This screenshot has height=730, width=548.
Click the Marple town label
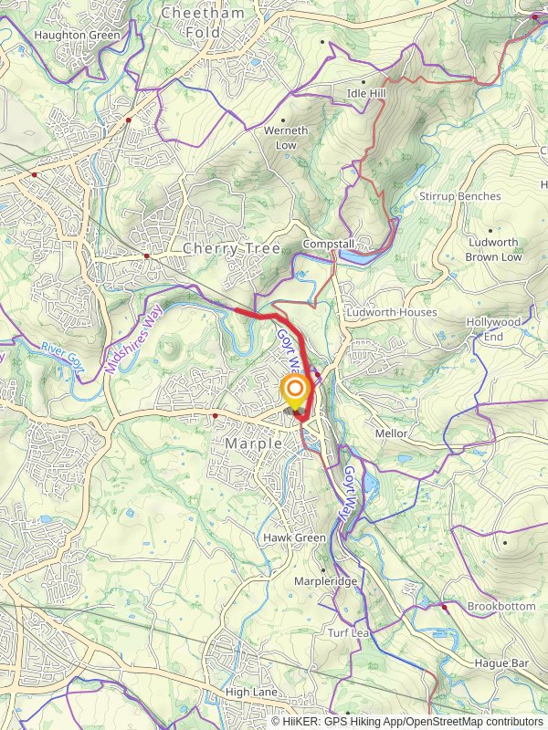[x=249, y=443]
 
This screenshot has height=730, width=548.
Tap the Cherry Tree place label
[x=231, y=248]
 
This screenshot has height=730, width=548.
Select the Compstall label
[x=329, y=245]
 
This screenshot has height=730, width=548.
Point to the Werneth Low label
[x=286, y=138]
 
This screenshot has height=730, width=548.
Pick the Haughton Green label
[x=77, y=35]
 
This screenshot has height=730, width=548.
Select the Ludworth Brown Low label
[x=493, y=250]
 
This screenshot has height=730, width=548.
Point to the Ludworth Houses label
[x=391, y=312]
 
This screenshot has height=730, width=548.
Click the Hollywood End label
[x=493, y=329]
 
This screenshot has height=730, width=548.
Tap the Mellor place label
[x=392, y=433]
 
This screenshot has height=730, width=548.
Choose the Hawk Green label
[x=294, y=538]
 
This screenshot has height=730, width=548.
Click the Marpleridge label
[x=326, y=581]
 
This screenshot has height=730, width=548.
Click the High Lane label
[x=251, y=692]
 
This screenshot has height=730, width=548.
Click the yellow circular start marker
[x=295, y=393]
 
